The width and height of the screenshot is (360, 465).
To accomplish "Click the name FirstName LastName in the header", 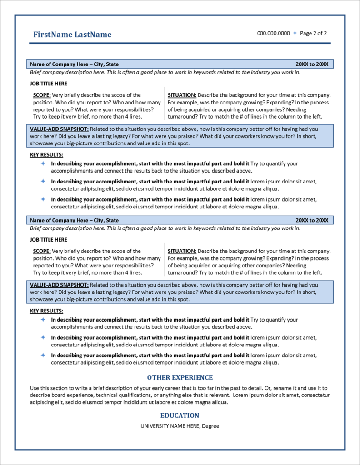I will coord(72,35).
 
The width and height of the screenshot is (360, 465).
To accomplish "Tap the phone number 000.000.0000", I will coord(273,33).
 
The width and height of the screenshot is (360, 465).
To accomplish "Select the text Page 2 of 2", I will coord(313,33).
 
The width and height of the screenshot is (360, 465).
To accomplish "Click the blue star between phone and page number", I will coord(295,33).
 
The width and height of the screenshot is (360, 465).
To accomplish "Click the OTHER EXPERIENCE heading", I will coord(180,377).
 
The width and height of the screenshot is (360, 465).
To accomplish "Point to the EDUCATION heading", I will coord(180,416).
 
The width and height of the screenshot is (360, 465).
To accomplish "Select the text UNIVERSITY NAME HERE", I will coord(170,426).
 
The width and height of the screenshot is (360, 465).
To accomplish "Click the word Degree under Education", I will coord(210,426).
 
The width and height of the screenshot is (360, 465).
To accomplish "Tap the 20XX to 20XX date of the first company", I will coord(311,64).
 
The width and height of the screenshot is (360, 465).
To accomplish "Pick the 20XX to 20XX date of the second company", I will coord(311,220).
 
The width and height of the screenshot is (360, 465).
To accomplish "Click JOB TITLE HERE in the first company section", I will coord(49,84).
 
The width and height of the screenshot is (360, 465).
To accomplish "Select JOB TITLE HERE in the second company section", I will coord(49,239).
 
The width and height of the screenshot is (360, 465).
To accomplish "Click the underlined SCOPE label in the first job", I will coord(42,95).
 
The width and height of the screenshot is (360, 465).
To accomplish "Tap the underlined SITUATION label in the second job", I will coord(182,251).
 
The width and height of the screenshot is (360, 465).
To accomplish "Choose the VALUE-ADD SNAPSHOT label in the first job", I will coord(59,129).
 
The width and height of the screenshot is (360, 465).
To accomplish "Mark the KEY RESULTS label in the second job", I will coord(46,311).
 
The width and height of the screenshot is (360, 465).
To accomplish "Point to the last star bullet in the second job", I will coord(43,355).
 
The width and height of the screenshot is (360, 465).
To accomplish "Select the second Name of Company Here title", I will coord(74,220).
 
